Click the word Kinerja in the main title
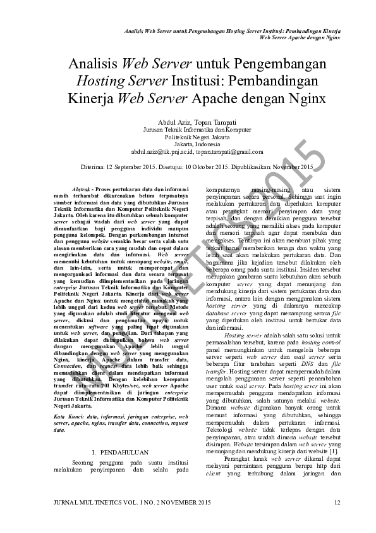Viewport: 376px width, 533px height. [89, 99]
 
